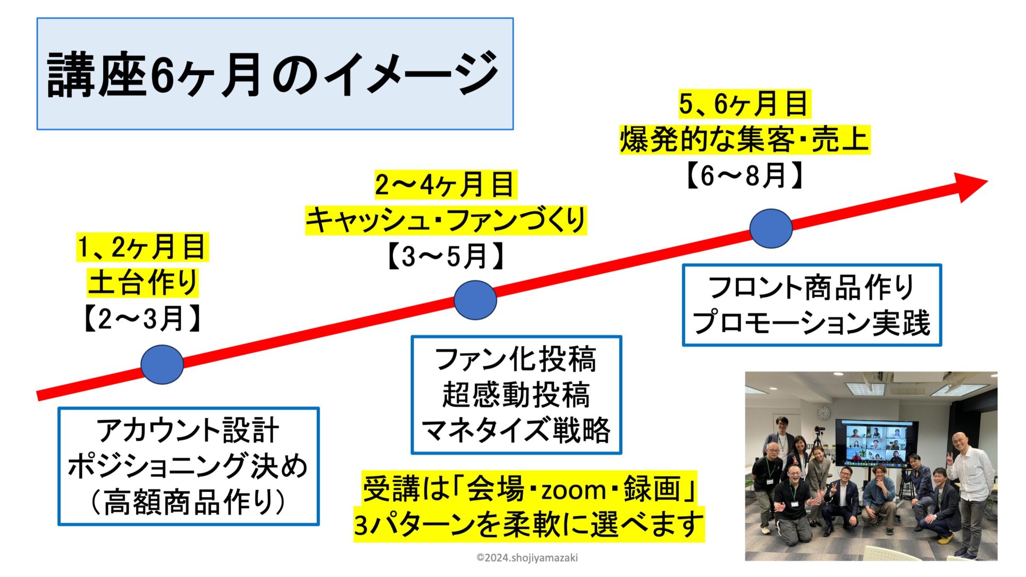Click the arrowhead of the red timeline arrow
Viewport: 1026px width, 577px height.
point(971,186)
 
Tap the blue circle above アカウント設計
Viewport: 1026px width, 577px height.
point(162,364)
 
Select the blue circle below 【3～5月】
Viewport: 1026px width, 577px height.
point(475,300)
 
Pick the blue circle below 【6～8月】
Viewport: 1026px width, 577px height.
point(771,228)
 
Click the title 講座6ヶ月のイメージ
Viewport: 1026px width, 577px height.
point(273,74)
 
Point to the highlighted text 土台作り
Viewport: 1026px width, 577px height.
point(142,282)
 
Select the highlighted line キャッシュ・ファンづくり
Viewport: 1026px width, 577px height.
point(446,220)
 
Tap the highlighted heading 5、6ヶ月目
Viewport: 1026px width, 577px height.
point(744,103)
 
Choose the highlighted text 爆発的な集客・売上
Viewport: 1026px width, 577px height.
point(745,139)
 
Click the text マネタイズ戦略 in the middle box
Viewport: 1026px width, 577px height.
point(516,430)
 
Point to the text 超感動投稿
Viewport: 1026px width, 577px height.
point(516,395)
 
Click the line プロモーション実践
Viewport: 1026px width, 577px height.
point(812,323)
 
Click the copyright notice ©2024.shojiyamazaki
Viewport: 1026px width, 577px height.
point(527,558)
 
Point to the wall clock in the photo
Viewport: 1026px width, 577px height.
point(823,413)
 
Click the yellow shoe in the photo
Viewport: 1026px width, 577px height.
point(945,539)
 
